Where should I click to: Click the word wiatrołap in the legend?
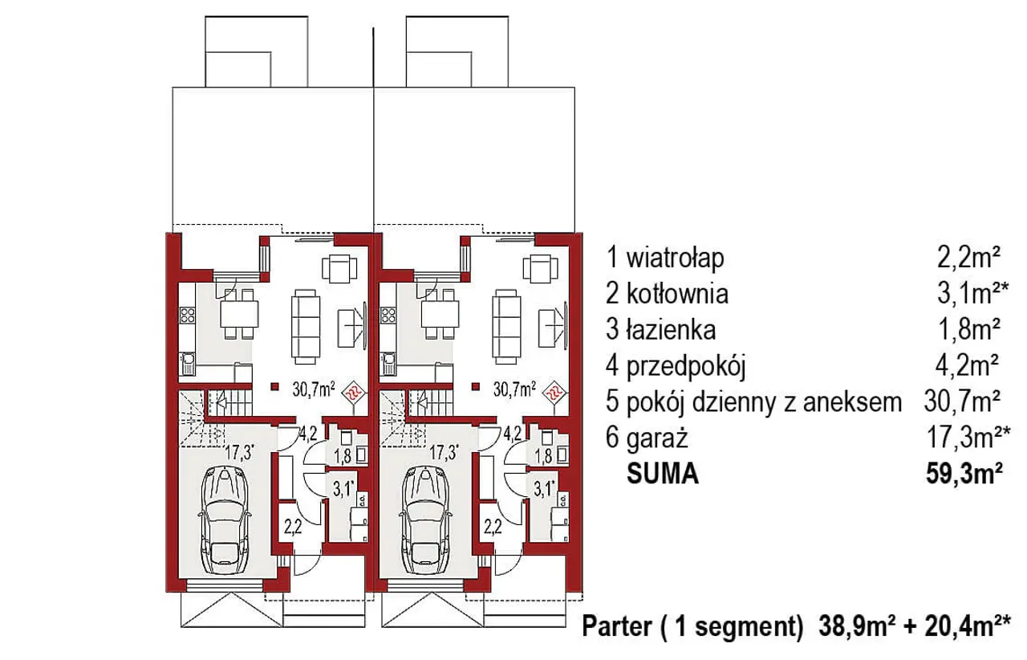click(x=675, y=259)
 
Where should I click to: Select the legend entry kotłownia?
click(x=677, y=294)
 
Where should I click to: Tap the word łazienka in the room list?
click(x=671, y=330)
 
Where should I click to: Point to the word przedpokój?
click(x=686, y=367)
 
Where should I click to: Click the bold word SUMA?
click(x=663, y=474)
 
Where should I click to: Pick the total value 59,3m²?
click(x=964, y=474)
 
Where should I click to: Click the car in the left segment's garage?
click(x=225, y=520)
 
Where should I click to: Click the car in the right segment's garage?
click(x=425, y=520)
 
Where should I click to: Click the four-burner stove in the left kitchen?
click(x=187, y=315)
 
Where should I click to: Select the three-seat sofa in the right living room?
click(x=506, y=326)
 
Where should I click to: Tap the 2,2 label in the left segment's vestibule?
click(x=293, y=528)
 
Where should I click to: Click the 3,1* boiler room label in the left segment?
click(x=344, y=489)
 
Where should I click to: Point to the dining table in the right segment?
click(x=440, y=315)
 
